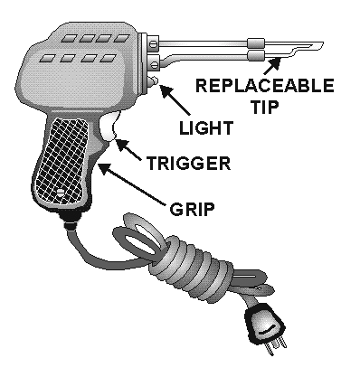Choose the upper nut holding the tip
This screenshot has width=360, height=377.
(155, 42)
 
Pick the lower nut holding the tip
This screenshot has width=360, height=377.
(155, 63)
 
